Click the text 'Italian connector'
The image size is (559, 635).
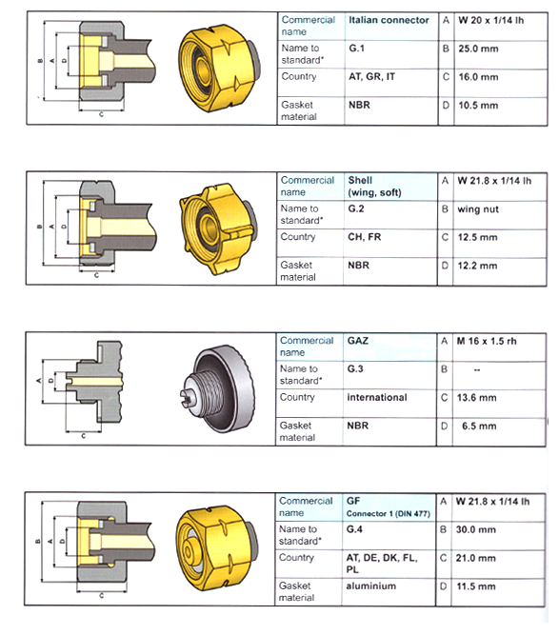pos(389,20)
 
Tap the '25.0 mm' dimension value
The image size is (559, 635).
pos(477,48)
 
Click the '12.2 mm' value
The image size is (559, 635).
pos(477,266)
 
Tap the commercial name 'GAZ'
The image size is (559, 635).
pos(359,340)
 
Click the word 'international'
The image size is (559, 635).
pos(377,397)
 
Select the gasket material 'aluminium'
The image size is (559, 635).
pos(371,586)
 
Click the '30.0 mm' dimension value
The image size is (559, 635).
pos(477,529)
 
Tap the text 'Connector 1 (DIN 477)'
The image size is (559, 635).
pos(388,514)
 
